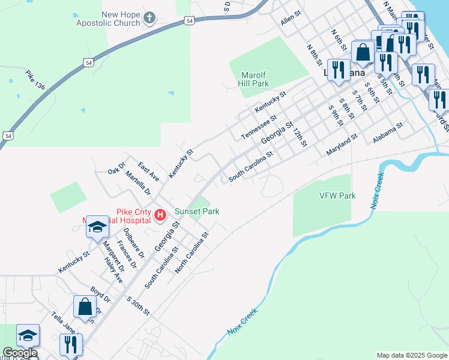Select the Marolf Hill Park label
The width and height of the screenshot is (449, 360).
tap(255, 79)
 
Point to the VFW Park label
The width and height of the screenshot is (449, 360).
tap(337, 196)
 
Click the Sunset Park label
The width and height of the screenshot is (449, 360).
tap(197, 211)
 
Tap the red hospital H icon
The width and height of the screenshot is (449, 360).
tap(160, 214)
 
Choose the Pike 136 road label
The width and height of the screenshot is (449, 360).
tap(35, 80)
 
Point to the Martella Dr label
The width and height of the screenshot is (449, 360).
tap(138, 184)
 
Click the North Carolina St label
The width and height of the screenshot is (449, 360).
tap(191, 253)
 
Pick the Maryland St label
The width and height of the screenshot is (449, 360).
tap(342, 145)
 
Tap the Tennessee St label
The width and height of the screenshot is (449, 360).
tap(259, 128)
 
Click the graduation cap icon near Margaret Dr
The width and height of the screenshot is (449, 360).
tap(97, 227)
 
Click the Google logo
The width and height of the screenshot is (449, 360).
tap(20, 353)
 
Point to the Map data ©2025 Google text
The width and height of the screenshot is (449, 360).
tap(411, 355)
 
